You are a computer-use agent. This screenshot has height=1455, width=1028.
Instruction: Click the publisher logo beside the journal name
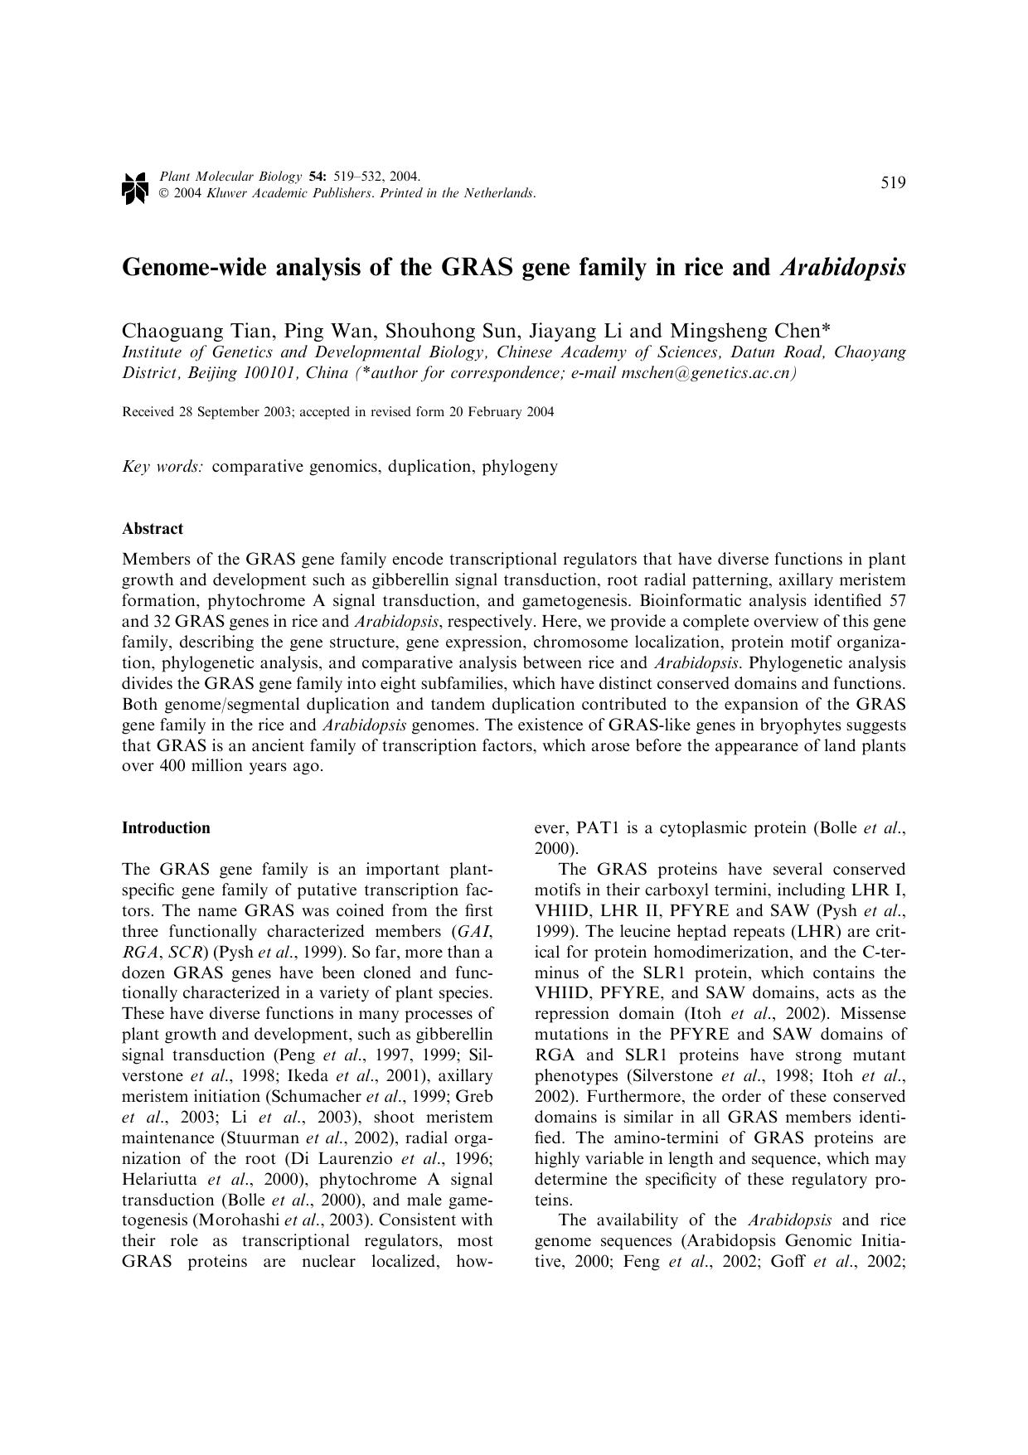[x=134, y=187]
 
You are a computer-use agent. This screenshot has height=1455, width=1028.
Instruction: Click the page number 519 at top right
[x=893, y=183]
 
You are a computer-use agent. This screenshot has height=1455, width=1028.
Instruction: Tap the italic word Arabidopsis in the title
[x=842, y=269]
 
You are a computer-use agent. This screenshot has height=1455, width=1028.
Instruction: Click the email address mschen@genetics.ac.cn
[x=706, y=372]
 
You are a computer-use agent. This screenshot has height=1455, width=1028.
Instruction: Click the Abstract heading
[x=153, y=529]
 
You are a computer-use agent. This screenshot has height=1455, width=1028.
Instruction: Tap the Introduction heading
[x=166, y=828]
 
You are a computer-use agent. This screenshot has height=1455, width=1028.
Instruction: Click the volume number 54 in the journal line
[x=317, y=177]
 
